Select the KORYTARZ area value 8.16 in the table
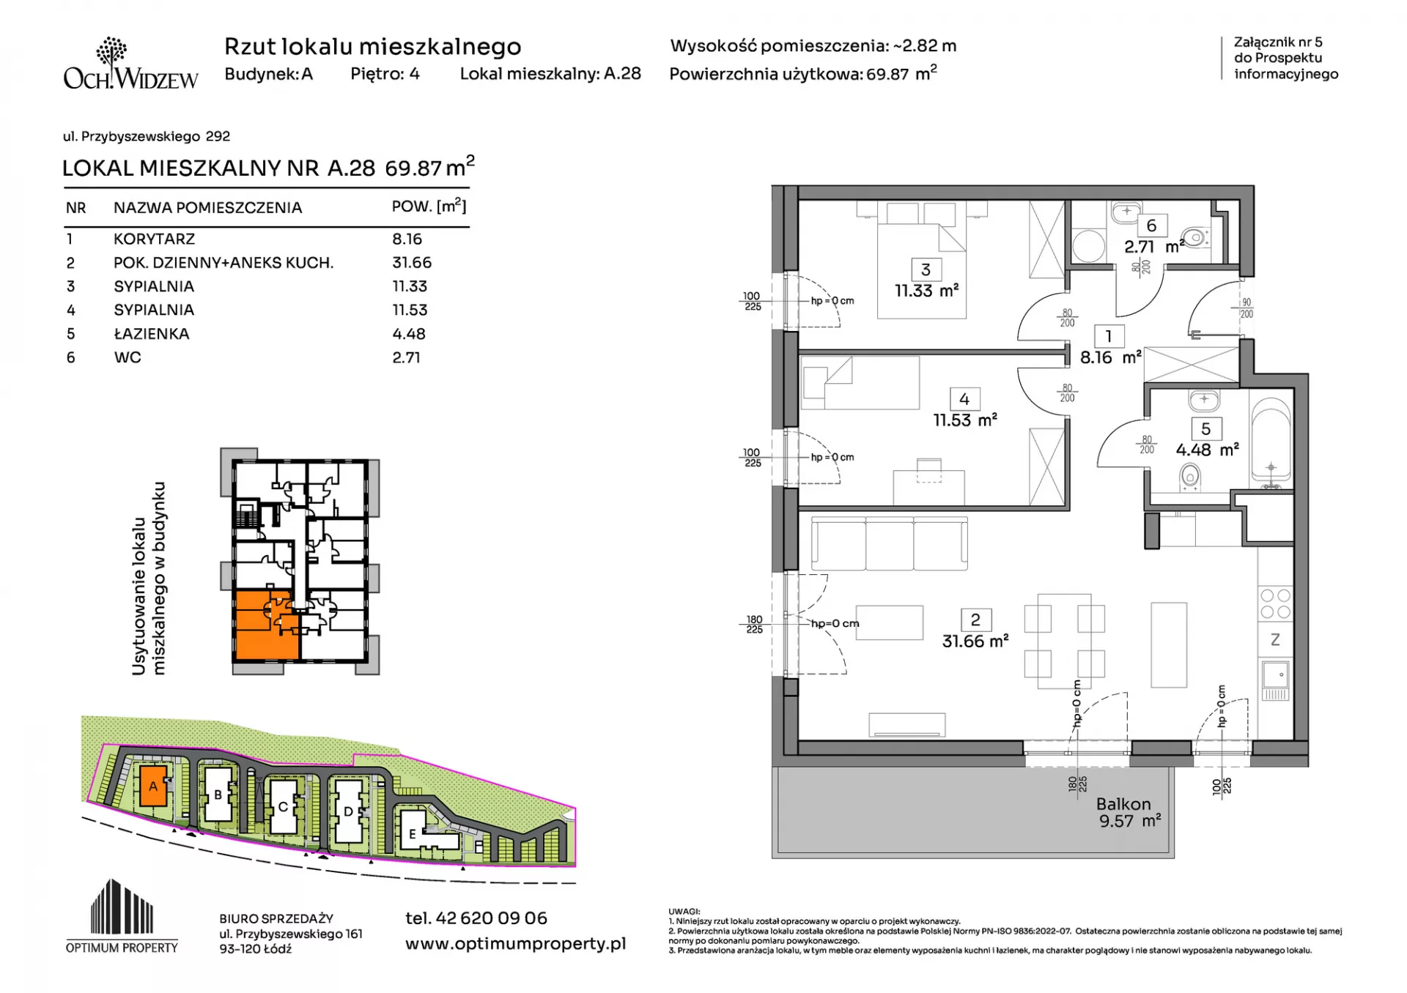[x=407, y=239]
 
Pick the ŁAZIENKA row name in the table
[x=152, y=334]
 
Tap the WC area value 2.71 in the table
[x=406, y=358]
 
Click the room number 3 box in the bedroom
[x=926, y=269]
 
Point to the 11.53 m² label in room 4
[x=964, y=420]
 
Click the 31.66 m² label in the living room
[x=975, y=641]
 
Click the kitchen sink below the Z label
[x=1276, y=680]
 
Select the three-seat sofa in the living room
[x=889, y=543]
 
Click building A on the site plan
[x=153, y=786]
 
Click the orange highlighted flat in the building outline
[x=265, y=625]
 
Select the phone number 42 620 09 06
[x=476, y=918]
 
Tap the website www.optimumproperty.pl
[x=515, y=945]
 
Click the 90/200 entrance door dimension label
[x=1247, y=308]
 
